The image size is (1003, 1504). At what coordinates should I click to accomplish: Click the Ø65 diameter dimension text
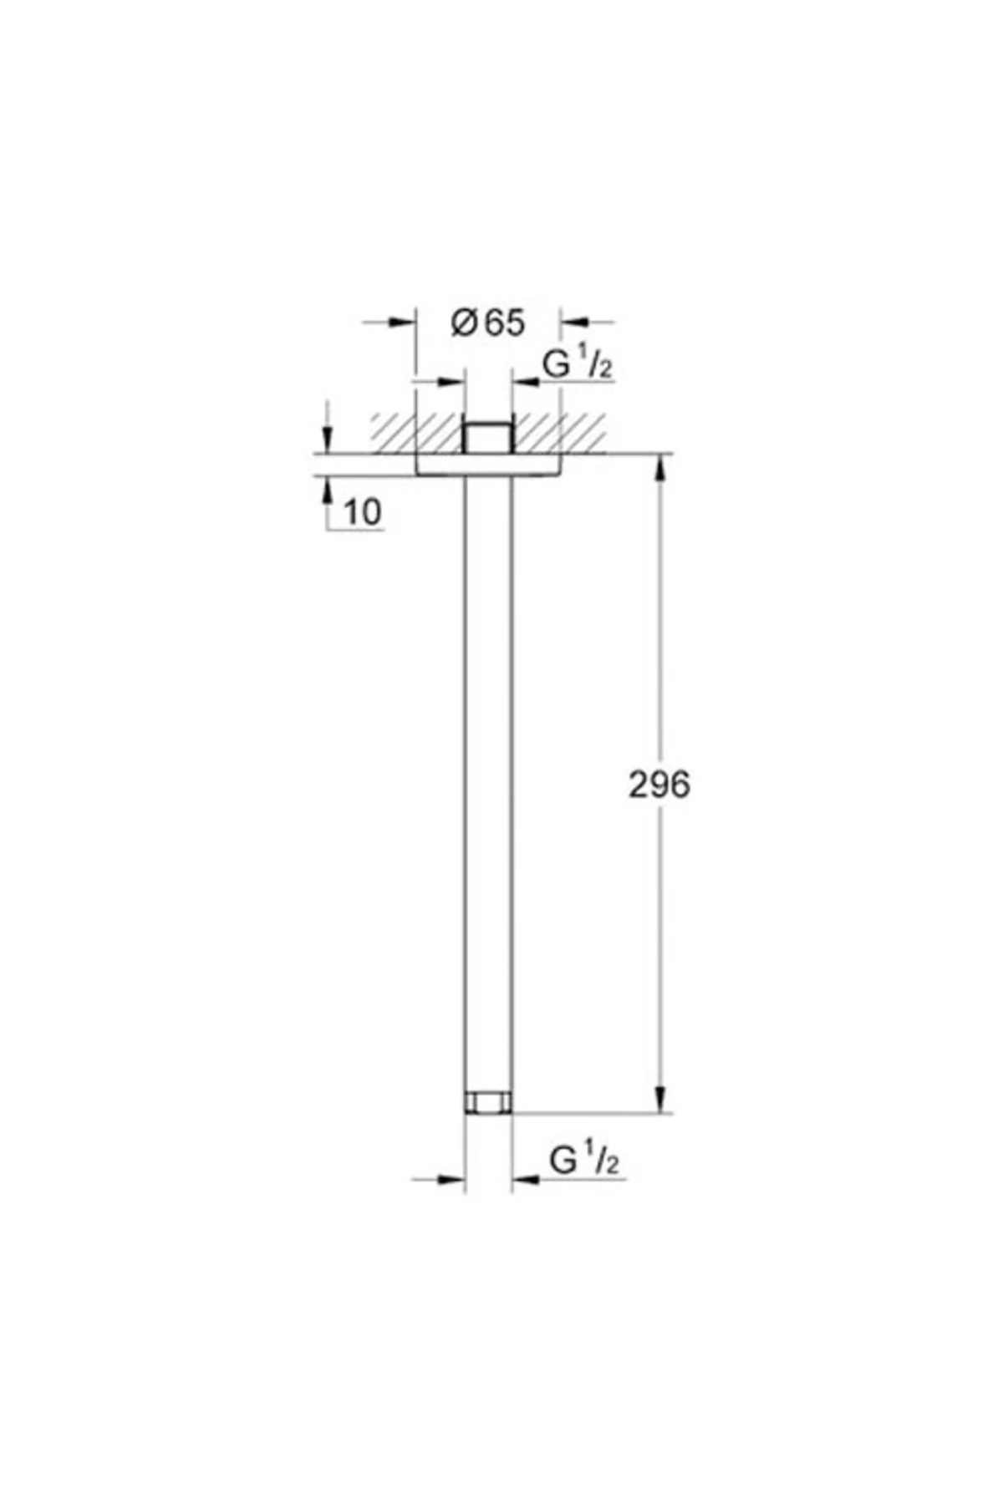click(488, 323)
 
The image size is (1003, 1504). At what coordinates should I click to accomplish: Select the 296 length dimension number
click(659, 785)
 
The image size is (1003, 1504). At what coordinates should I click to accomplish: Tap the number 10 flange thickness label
click(362, 512)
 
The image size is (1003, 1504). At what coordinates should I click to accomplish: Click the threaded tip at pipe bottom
click(487, 1102)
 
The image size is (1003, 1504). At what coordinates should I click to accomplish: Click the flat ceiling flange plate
click(487, 465)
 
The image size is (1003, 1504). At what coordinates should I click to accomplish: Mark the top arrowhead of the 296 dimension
click(660, 468)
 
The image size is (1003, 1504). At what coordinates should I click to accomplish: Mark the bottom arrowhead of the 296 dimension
click(660, 1099)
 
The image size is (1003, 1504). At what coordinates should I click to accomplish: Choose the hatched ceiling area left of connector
click(416, 433)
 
